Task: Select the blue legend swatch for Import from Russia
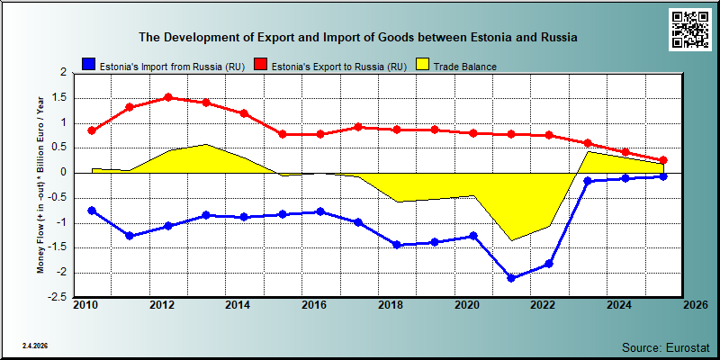(x=88, y=65)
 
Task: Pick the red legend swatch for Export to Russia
(x=261, y=65)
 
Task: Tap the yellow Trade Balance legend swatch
(x=423, y=65)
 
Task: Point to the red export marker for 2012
(x=168, y=97)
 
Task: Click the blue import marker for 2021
(x=511, y=278)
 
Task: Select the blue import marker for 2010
(x=92, y=211)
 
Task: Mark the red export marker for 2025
(x=663, y=160)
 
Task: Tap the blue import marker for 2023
(x=587, y=181)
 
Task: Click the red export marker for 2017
(x=359, y=127)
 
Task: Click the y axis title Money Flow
(x=40, y=184)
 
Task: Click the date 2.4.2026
(x=35, y=345)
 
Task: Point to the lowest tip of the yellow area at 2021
(x=511, y=240)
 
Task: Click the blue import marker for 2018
(x=397, y=245)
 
